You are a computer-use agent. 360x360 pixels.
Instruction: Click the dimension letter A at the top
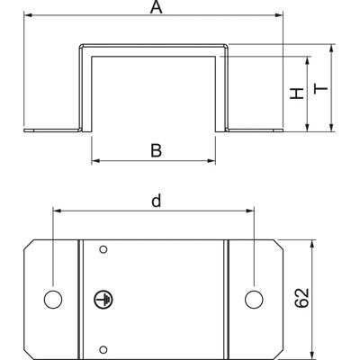pyautogui.click(x=157, y=7)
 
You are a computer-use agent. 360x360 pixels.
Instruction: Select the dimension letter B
pyautogui.click(x=156, y=150)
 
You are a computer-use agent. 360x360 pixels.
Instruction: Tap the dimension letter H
pyautogui.click(x=297, y=94)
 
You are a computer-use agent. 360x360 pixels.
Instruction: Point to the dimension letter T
pyautogui.click(x=320, y=89)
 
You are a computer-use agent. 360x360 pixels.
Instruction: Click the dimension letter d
pyautogui.click(x=157, y=201)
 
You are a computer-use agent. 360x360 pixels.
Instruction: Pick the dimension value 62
pyautogui.click(x=301, y=298)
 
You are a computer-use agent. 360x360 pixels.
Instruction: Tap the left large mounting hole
pyautogui.click(x=53, y=300)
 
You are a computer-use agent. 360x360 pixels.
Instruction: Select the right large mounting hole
pyautogui.click(x=254, y=300)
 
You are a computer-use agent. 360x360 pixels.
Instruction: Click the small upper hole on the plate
pyautogui.click(x=103, y=249)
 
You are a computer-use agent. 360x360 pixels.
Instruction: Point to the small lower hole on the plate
pyautogui.click(x=103, y=349)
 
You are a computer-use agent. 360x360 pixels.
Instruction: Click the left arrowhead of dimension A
pyautogui.click(x=28, y=14)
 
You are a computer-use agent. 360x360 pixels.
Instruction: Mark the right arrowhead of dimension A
pyautogui.click(x=279, y=14)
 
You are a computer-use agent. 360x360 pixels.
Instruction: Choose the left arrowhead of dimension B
pyautogui.click(x=95, y=161)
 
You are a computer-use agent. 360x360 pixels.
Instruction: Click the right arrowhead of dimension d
pyautogui.click(x=250, y=211)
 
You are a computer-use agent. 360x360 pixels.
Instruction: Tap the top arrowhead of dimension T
pyautogui.click(x=331, y=49)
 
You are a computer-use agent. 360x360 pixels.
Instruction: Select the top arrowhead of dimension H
pyautogui.click(x=307, y=60)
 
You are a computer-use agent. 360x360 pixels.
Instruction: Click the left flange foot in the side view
pyautogui.click(x=53, y=130)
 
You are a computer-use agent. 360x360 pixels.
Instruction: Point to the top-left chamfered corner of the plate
pyautogui.click(x=29, y=245)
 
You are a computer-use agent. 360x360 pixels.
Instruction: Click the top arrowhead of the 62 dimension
pyautogui.click(x=312, y=244)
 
